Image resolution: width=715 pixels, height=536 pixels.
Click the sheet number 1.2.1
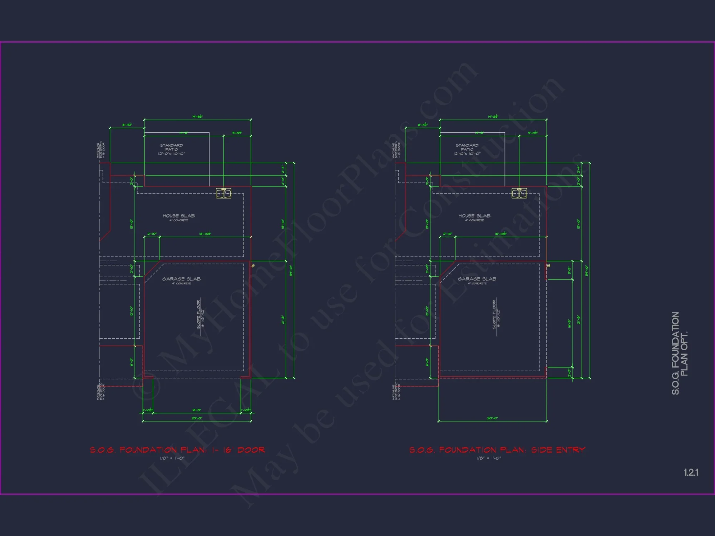[691, 472]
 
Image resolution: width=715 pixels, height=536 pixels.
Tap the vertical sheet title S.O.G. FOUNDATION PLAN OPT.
[679, 353]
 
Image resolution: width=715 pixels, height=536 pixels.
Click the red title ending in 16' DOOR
[177, 450]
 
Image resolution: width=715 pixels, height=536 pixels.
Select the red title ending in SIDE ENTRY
[497, 450]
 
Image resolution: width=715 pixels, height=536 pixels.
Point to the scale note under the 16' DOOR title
[172, 458]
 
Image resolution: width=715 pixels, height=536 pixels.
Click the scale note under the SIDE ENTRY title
[489, 458]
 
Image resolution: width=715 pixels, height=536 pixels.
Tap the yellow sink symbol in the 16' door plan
[224, 193]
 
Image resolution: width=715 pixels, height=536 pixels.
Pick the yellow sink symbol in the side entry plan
[519, 193]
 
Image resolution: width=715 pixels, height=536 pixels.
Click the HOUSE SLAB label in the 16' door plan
[179, 216]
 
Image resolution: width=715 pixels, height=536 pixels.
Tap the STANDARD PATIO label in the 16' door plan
[172, 149]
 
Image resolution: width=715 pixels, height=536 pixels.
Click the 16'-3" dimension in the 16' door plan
[197, 410]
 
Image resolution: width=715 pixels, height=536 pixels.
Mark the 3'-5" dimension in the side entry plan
[569, 270]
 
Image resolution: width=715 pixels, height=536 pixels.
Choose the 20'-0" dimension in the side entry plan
[492, 418]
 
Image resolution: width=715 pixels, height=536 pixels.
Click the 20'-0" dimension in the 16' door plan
[197, 418]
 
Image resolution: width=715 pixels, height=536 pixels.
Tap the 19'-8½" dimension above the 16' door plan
[197, 117]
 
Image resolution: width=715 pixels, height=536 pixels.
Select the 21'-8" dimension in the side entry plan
[578, 320]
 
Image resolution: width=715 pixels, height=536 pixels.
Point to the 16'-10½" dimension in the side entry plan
[500, 234]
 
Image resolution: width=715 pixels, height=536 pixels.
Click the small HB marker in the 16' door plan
[253, 266]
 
